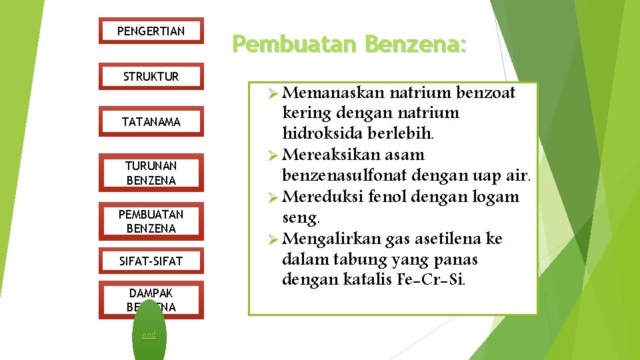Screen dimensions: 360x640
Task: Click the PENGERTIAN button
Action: (x=151, y=31)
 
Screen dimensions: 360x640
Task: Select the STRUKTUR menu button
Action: (x=151, y=77)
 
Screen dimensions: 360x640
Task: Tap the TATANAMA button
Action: (x=151, y=122)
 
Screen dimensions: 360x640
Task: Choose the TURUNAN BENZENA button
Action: (x=151, y=173)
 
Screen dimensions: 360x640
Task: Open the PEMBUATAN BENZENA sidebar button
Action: (x=151, y=221)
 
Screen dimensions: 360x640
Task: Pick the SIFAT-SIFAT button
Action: (x=151, y=261)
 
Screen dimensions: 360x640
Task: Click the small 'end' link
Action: (x=149, y=335)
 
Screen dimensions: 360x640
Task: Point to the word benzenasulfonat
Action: (x=345, y=176)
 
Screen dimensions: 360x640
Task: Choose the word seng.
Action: (x=301, y=217)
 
